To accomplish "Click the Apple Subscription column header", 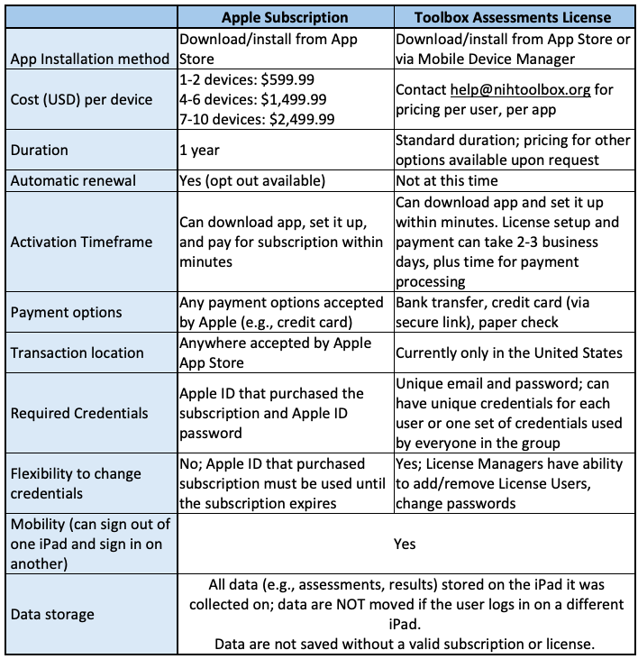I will tap(284, 17).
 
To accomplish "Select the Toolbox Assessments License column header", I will tap(513, 17).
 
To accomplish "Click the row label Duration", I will tap(40, 151).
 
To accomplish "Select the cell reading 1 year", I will tap(201, 151).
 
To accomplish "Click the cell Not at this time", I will tap(447, 180).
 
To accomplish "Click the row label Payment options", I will tap(66, 312).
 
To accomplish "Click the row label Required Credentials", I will tap(79, 413).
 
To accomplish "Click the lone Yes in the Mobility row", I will tap(405, 544).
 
